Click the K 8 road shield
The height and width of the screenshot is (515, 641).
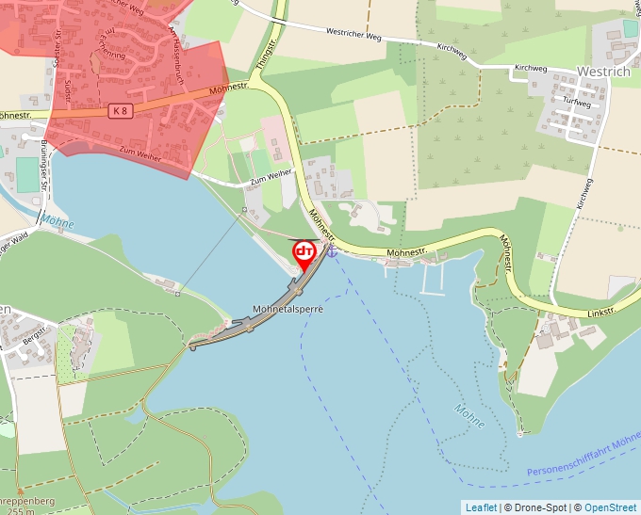(x=118, y=111)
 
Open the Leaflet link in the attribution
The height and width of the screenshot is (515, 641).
(x=481, y=507)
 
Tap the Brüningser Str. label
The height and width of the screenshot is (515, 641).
(x=43, y=166)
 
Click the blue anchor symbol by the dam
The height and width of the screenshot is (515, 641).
(x=331, y=252)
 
